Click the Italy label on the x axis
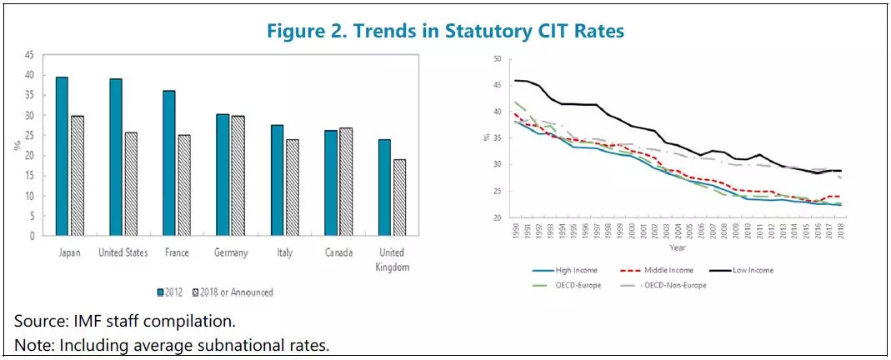tap(284, 252)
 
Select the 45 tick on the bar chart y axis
tap(31, 55)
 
